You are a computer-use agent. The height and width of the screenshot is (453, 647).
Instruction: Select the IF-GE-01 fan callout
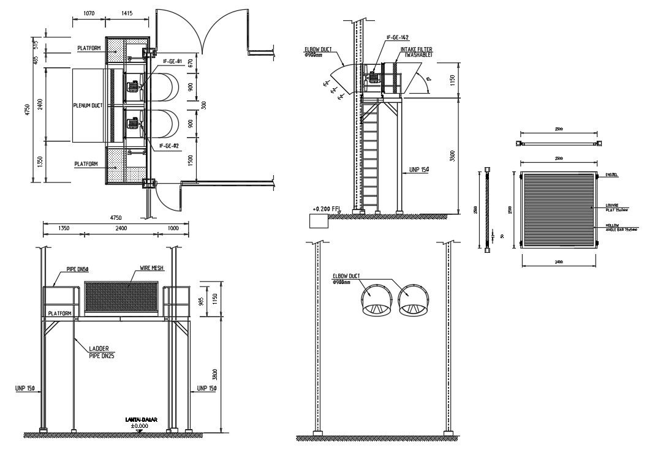[x=173, y=62]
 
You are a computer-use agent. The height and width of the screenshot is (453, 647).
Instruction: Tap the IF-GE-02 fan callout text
[x=169, y=146]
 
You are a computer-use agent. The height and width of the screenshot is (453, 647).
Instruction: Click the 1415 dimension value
[x=127, y=13]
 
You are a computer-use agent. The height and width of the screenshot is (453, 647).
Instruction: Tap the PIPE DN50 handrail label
[x=78, y=269]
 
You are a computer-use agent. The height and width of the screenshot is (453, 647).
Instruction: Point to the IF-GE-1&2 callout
[x=398, y=38]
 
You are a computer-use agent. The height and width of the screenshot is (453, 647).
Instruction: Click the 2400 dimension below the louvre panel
[x=558, y=261]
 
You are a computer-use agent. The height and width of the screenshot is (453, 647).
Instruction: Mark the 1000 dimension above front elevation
[x=173, y=228]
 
